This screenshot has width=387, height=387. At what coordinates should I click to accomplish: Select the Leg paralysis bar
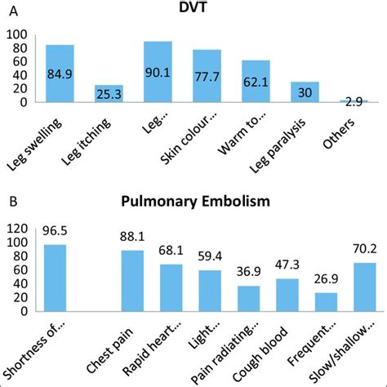point(305,92)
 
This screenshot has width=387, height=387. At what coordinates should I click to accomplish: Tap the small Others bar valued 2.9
point(354,101)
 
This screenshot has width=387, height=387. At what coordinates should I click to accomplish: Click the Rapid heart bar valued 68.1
point(171,288)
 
